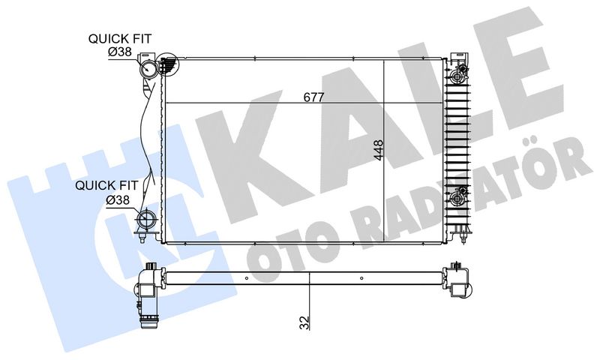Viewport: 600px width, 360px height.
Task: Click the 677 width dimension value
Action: click(x=313, y=97)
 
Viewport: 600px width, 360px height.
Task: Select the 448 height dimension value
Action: click(x=378, y=150)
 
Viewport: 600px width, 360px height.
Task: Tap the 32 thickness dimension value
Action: click(x=304, y=322)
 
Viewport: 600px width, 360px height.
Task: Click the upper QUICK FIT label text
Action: click(x=120, y=39)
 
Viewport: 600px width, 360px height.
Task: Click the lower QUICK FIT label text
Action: click(x=106, y=185)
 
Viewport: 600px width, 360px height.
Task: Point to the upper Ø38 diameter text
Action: click(x=119, y=52)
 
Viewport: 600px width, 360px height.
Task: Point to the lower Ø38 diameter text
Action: click(x=118, y=199)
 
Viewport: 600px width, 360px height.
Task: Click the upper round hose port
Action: click(x=148, y=69)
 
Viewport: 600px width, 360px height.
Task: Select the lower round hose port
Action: click(x=145, y=220)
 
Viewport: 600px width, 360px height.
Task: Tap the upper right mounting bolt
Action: click(x=457, y=77)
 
